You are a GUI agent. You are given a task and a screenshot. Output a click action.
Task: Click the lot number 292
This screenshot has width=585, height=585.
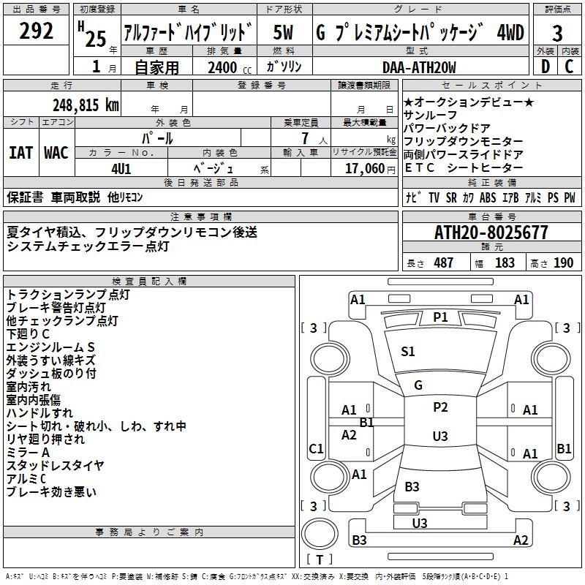(x=36, y=31)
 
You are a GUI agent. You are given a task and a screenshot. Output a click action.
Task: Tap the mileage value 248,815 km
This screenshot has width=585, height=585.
(x=86, y=105)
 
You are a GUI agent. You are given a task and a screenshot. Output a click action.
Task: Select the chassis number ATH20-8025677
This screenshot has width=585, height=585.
(x=491, y=233)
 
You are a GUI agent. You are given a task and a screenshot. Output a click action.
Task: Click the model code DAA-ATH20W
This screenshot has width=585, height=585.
(x=419, y=67)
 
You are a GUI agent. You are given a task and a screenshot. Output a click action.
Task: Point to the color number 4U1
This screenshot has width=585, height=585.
(x=121, y=169)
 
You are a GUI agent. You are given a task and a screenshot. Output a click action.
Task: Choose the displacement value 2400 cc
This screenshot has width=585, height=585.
(x=230, y=67)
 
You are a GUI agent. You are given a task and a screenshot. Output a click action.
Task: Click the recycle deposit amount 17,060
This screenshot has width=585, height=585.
(x=364, y=169)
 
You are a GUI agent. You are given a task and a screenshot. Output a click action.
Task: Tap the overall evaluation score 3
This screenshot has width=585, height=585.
(x=557, y=33)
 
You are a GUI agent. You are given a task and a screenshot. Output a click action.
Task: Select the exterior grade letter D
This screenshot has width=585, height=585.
(x=546, y=67)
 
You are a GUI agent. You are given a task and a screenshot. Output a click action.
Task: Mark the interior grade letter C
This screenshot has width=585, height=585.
(x=569, y=67)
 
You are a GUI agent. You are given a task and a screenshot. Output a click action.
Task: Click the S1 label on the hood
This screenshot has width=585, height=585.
(x=408, y=351)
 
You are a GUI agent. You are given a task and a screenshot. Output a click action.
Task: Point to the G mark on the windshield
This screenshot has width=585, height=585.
(x=418, y=385)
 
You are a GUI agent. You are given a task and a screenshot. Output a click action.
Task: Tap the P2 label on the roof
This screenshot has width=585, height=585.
(x=440, y=407)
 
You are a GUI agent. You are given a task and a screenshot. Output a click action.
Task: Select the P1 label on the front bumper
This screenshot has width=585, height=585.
(x=440, y=317)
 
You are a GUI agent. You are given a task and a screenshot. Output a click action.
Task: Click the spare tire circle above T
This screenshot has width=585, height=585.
(x=320, y=534)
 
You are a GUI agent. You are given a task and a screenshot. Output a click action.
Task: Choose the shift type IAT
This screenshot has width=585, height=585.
(x=20, y=153)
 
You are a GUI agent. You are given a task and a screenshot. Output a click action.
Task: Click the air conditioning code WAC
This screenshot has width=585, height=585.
(x=56, y=153)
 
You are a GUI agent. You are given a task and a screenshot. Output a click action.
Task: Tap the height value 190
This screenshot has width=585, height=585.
(x=563, y=263)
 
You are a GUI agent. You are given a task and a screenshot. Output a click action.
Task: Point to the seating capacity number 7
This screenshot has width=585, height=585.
(x=305, y=138)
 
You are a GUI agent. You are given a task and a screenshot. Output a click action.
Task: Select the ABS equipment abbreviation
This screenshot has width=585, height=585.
(x=488, y=197)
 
